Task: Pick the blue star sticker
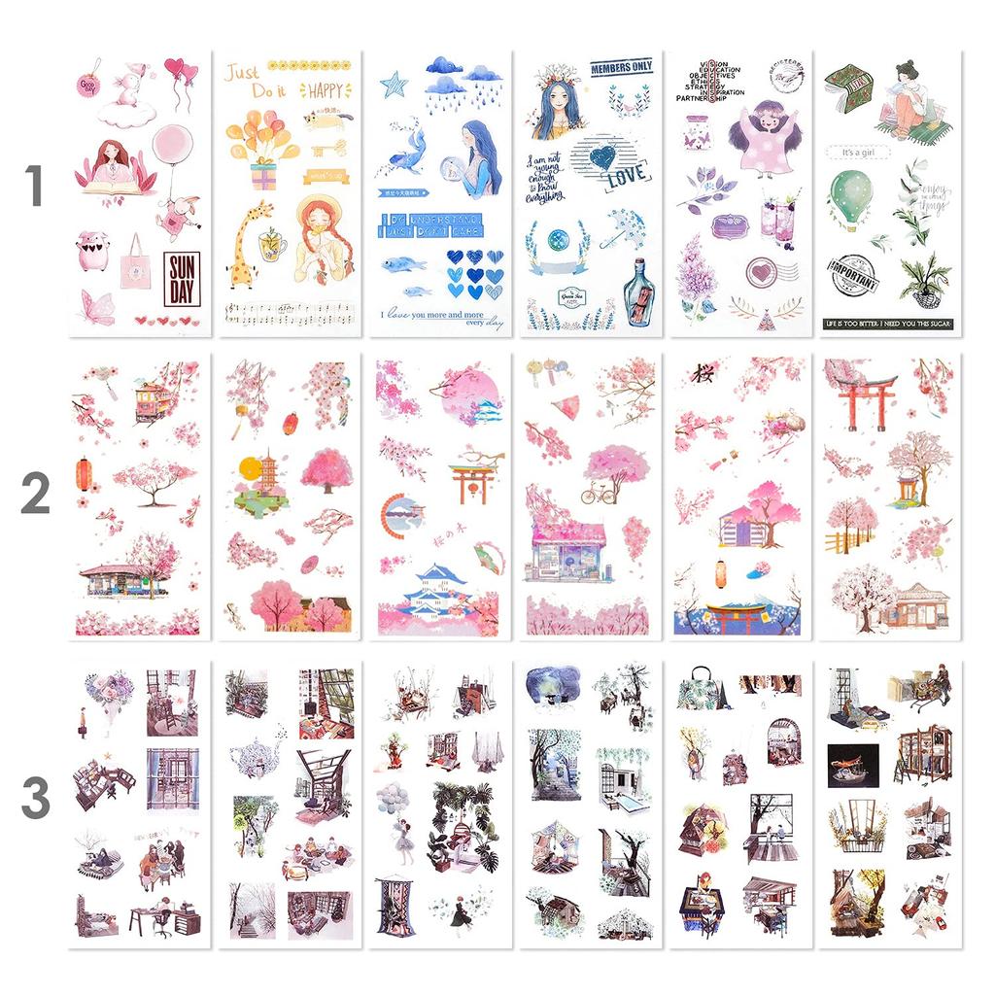coord(393,85)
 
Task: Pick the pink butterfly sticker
coord(98,305)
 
